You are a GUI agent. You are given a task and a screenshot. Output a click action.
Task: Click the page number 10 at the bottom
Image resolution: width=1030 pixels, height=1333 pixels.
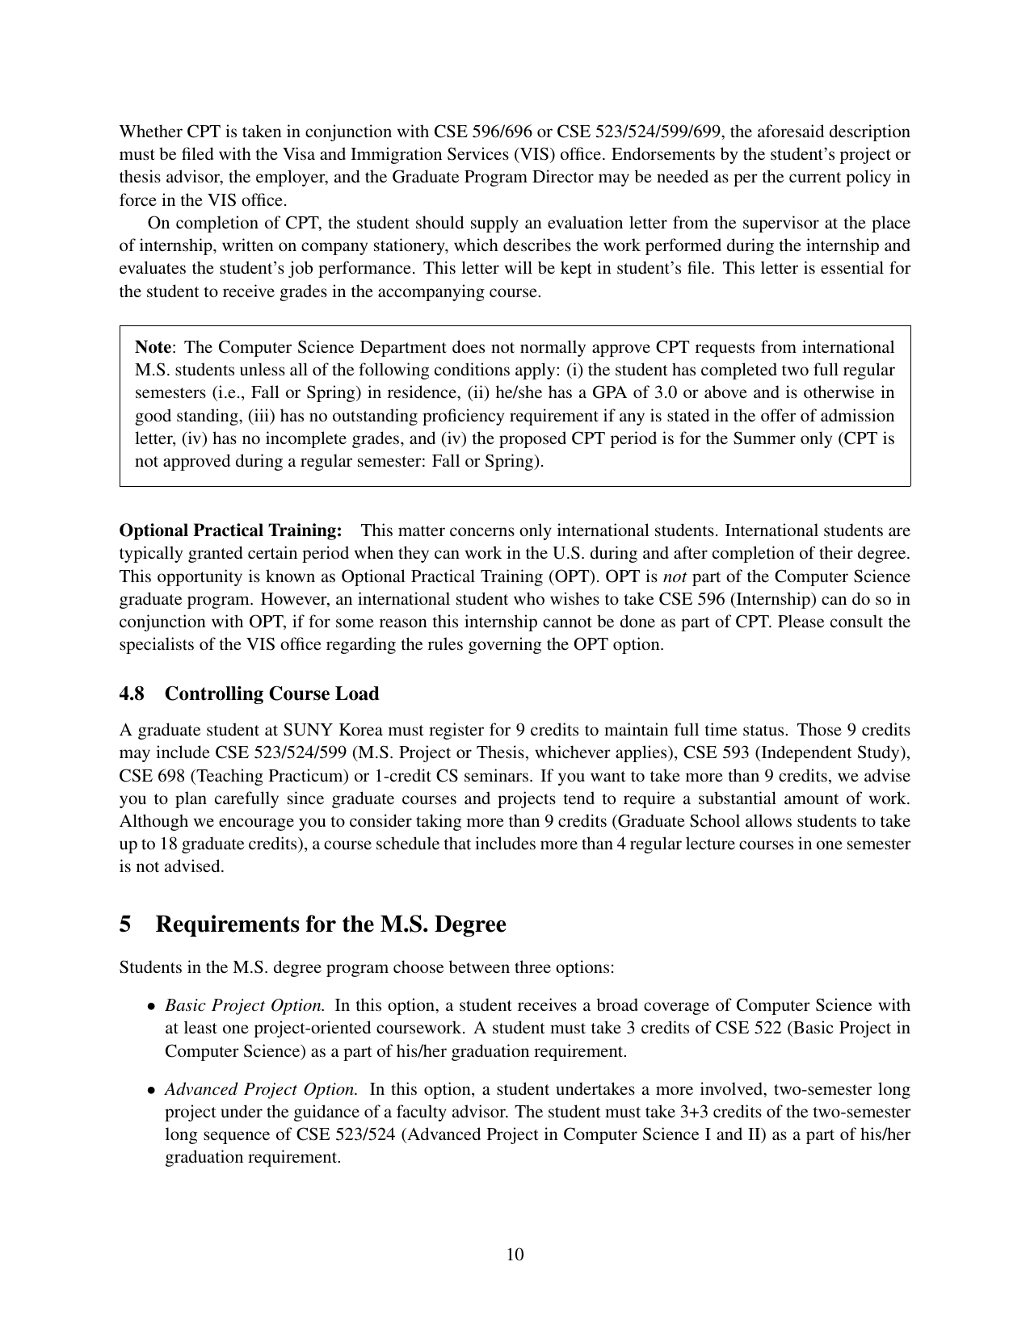click(x=515, y=1254)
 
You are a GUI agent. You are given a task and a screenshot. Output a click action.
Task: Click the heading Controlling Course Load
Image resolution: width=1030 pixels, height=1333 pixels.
click(x=271, y=694)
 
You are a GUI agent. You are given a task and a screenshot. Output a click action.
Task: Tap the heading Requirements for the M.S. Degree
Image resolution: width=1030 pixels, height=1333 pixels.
click(x=330, y=924)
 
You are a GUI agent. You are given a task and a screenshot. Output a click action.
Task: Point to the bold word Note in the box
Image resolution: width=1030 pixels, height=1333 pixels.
click(x=153, y=348)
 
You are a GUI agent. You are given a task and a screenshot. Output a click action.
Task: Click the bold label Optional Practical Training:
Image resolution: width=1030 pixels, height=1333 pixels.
click(x=231, y=531)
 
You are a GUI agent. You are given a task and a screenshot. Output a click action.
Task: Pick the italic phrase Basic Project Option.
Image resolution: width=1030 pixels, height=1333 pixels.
click(x=246, y=1006)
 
